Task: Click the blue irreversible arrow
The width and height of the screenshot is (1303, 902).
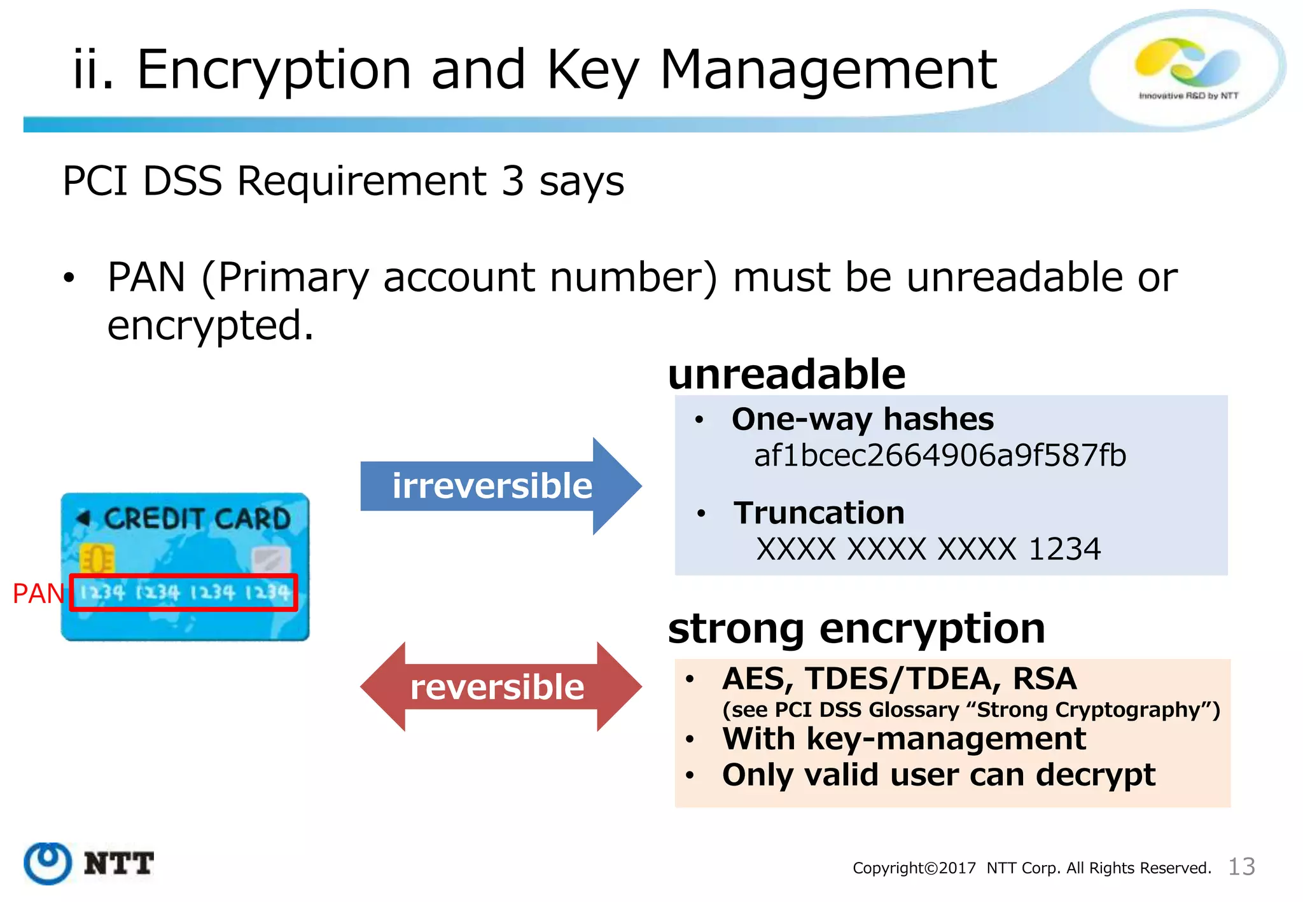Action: click(496, 486)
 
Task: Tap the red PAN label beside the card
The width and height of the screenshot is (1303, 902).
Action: click(38, 593)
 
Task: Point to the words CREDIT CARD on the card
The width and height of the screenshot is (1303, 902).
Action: click(197, 518)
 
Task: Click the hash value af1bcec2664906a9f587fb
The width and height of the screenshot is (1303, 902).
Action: click(940, 456)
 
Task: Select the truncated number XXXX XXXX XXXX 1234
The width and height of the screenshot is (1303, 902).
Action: click(928, 549)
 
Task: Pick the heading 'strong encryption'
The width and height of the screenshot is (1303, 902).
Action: click(856, 628)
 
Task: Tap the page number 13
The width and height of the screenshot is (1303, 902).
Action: click(1241, 866)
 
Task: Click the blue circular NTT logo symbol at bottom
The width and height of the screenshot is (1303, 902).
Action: click(47, 863)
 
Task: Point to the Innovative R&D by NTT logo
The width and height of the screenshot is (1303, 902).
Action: click(1187, 70)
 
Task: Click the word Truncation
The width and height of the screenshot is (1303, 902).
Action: click(819, 513)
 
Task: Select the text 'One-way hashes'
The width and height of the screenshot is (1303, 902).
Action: click(863, 419)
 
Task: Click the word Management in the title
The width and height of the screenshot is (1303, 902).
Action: click(828, 70)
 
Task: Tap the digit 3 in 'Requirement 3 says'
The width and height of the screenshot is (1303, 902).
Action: click(513, 181)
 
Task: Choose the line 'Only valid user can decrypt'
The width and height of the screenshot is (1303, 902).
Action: click(938, 775)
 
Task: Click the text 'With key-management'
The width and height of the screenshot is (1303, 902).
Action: click(904, 739)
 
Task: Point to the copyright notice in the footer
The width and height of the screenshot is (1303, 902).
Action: click(1031, 868)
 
